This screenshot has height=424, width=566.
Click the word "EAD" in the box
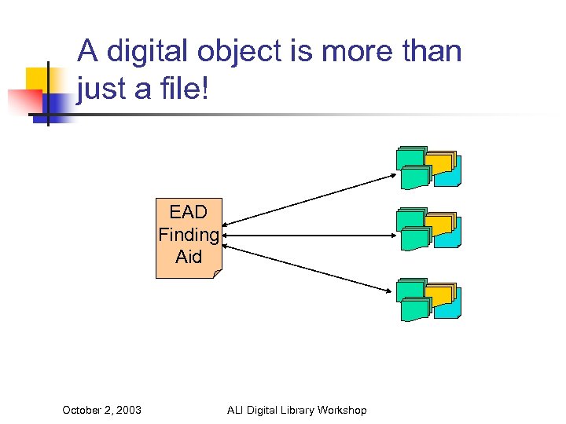[189, 212]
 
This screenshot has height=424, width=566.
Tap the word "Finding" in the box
[189, 234]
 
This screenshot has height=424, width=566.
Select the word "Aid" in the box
[189, 256]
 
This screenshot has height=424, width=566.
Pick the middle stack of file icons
[428, 229]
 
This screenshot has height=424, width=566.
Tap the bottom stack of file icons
[428, 300]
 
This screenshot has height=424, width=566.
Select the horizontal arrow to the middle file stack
[311, 235]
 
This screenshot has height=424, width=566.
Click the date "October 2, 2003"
[101, 410]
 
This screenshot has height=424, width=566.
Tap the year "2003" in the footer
[127, 410]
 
